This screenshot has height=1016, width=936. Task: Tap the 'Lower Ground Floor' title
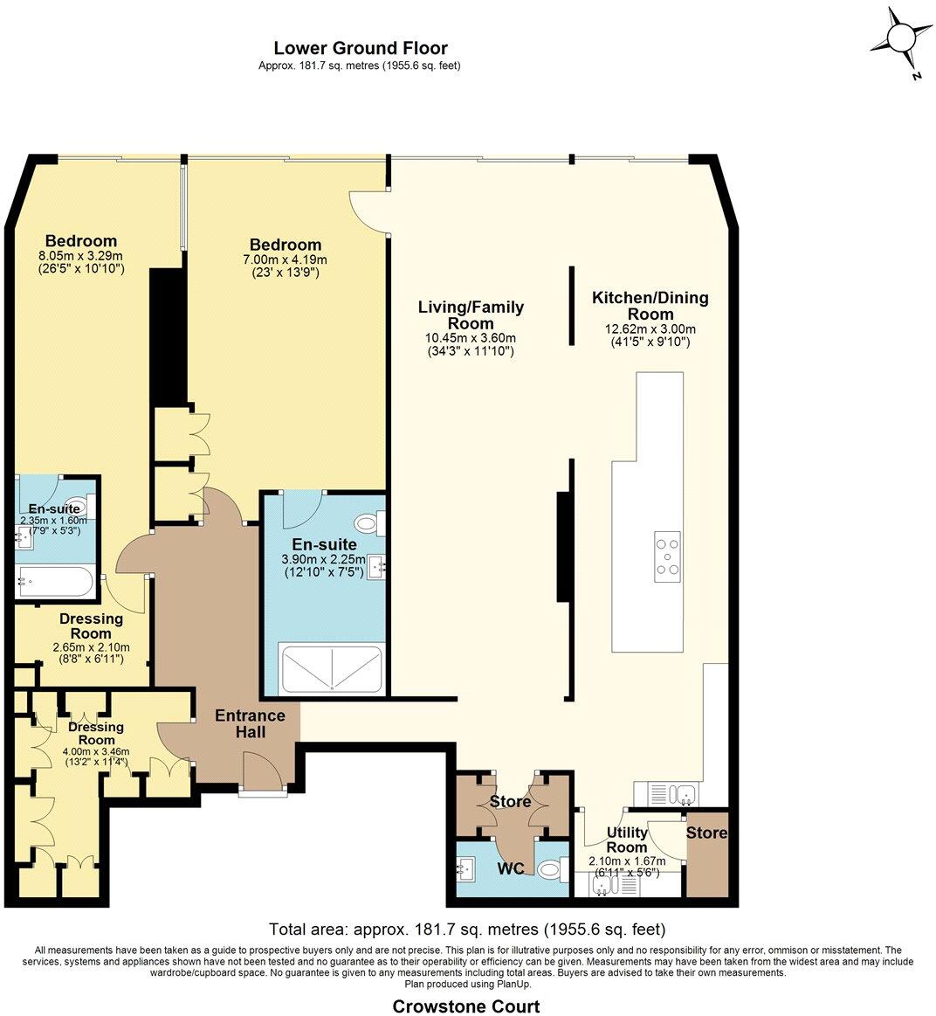tap(360, 48)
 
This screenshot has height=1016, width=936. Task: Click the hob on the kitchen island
tap(667, 556)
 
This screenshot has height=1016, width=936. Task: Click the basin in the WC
tap(465, 869)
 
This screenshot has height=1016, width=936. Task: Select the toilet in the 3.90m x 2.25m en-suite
tap(369, 524)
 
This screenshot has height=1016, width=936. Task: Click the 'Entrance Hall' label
tap(250, 723)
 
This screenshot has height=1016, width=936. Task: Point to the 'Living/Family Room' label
tap(471, 314)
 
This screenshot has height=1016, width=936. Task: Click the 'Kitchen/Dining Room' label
tap(650, 306)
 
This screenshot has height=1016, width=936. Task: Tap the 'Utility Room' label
tap(627, 840)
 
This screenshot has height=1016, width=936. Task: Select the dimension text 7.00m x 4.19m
tap(286, 260)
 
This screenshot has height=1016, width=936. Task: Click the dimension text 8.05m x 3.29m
tap(81, 256)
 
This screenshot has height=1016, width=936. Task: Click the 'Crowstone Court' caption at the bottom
tap(465, 1006)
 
